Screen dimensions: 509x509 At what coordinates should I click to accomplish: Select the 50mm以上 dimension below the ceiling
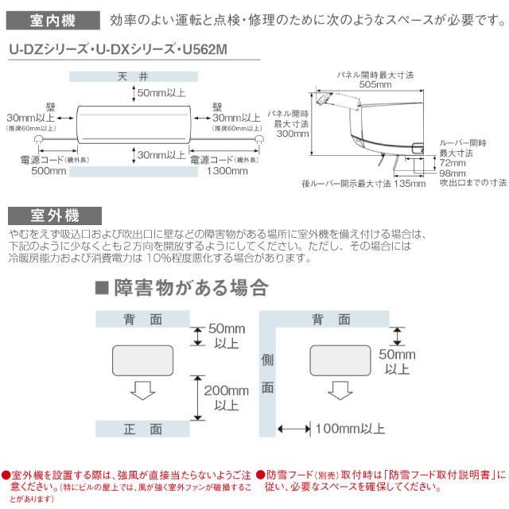(x=161, y=93)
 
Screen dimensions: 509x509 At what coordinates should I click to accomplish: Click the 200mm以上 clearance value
(x=225, y=398)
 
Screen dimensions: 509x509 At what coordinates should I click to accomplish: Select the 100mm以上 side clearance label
(x=349, y=429)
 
